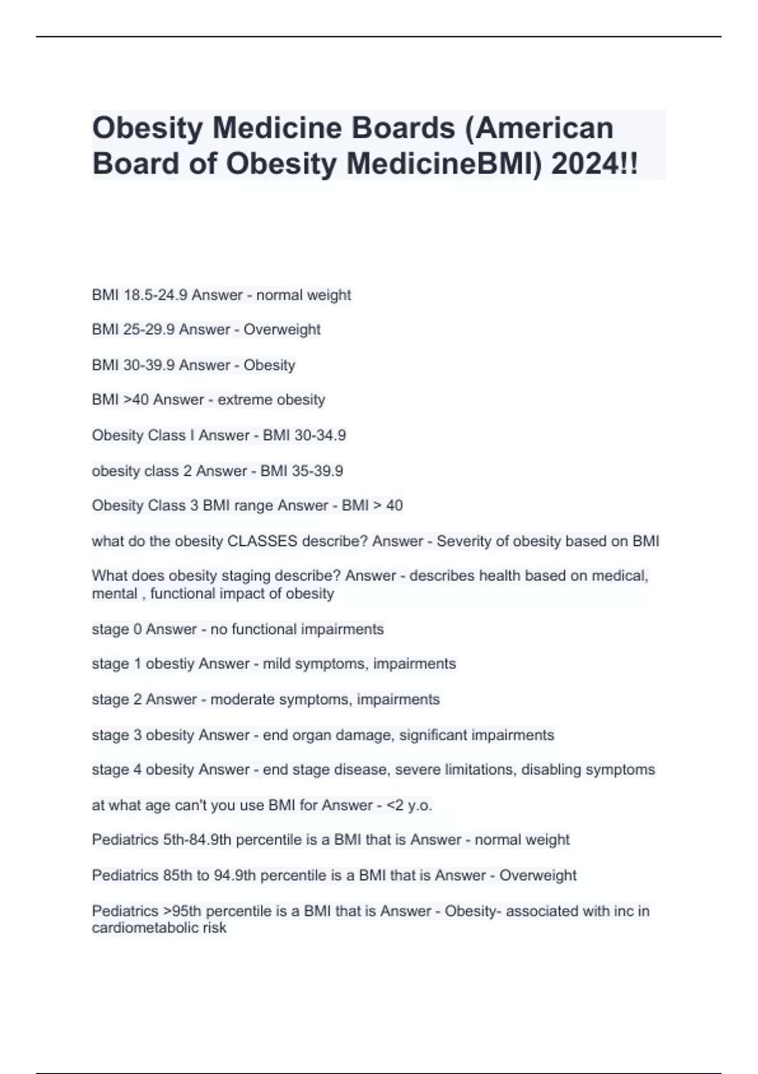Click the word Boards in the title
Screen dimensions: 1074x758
coord(404,128)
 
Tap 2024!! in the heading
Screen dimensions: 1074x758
coord(594,164)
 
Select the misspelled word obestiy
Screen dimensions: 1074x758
coord(170,664)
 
